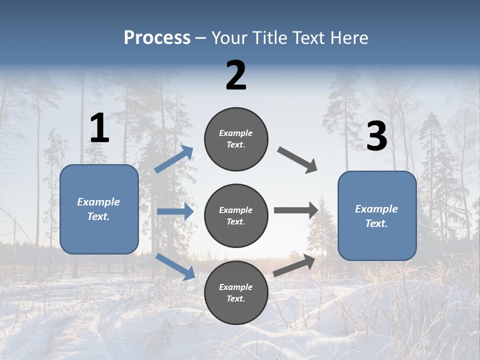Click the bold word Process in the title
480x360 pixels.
point(157,38)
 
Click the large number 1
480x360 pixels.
point(99,129)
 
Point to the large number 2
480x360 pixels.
point(236,75)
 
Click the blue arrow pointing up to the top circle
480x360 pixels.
point(174,159)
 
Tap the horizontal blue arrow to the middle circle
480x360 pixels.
point(175,211)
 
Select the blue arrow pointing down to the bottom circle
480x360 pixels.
point(175,266)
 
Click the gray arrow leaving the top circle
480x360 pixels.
point(297,159)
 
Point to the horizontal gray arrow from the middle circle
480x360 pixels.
point(296,210)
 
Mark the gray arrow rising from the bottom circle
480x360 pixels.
point(294,265)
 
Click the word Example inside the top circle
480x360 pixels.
point(236,133)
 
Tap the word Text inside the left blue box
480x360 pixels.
point(98,216)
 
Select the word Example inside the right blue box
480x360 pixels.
point(376,209)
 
